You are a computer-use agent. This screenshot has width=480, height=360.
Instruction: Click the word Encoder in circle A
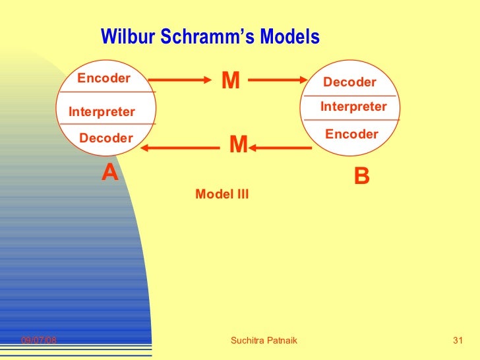pyautogui.click(x=104, y=78)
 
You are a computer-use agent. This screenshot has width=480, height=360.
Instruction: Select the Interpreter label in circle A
pyautogui.click(x=102, y=112)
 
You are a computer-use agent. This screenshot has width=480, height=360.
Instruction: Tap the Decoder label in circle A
pyautogui.click(x=105, y=138)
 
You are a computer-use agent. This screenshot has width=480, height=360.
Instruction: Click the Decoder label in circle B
pyautogui.click(x=349, y=82)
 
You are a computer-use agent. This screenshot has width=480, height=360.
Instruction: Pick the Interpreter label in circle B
pyautogui.click(x=353, y=107)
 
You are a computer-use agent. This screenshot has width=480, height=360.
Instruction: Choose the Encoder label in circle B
pyautogui.click(x=351, y=135)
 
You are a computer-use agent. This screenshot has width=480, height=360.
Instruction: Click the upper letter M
pyautogui.click(x=230, y=80)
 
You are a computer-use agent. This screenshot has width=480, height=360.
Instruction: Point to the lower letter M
pyautogui.click(x=237, y=144)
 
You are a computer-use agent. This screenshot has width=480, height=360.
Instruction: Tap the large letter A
pyautogui.click(x=109, y=173)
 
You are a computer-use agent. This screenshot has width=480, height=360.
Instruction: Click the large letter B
pyautogui.click(x=362, y=176)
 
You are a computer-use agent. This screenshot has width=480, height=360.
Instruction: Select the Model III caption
pyautogui.click(x=222, y=194)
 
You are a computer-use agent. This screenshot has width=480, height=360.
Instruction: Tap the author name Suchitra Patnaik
pyautogui.click(x=264, y=340)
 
